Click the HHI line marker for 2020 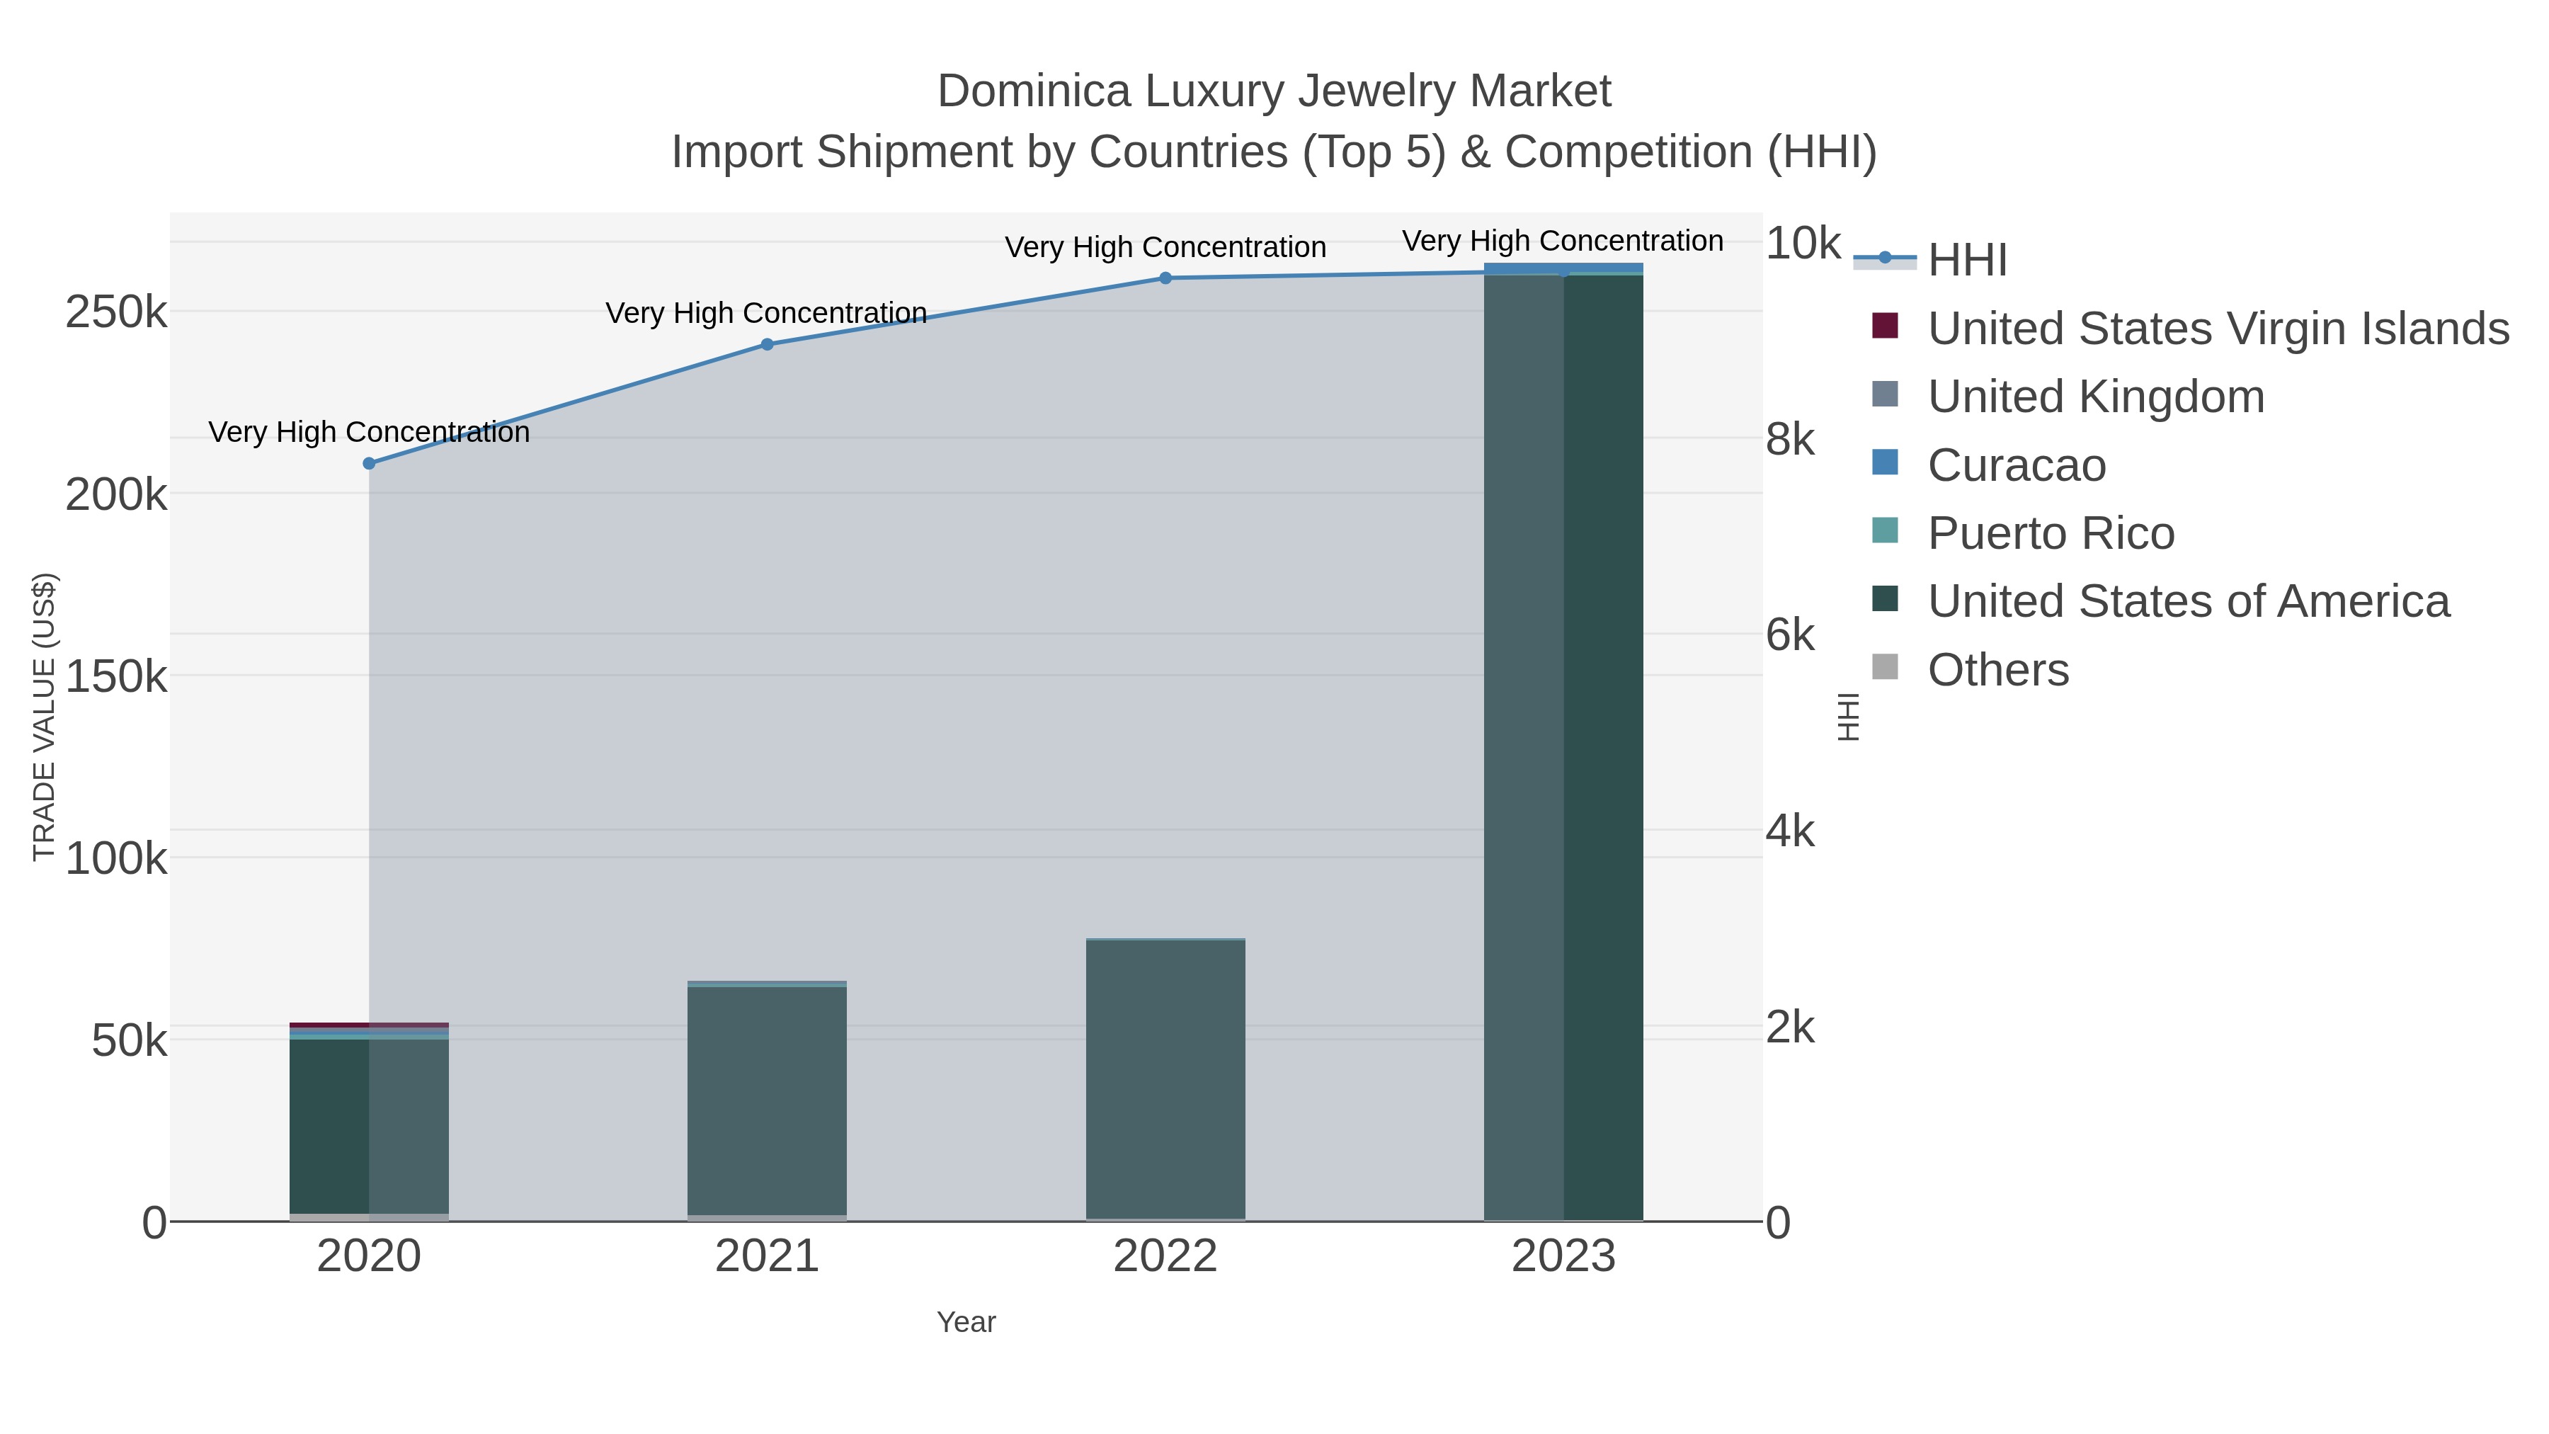click(369, 463)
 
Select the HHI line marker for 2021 click(767, 344)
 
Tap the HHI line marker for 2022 click(1165, 278)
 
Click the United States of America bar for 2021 click(767, 1098)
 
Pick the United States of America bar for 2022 click(1165, 1079)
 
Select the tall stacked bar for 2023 click(1563, 742)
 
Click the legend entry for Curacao click(2016, 465)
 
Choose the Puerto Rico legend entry click(2051, 533)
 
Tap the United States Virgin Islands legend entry click(2216, 329)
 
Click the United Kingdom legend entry click(2095, 397)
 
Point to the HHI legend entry click(1966, 261)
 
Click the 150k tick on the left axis click(116, 678)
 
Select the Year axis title click(966, 1322)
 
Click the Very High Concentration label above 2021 click(766, 313)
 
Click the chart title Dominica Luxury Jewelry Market click(1274, 91)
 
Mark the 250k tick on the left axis click(116, 314)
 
